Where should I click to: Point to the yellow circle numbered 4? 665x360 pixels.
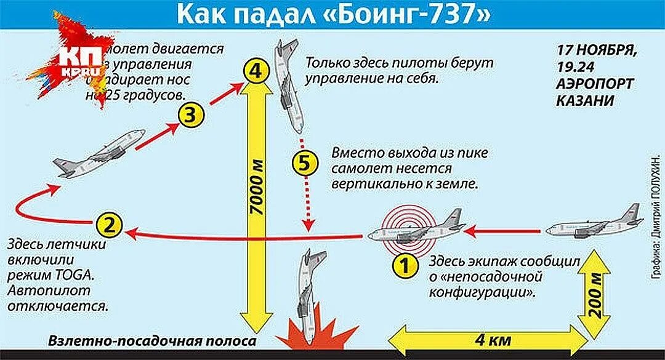pyautogui.click(x=256, y=70)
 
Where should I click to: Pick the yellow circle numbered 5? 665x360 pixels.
pyautogui.click(x=306, y=164)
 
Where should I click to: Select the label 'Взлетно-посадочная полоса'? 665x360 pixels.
pyautogui.click(x=152, y=342)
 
